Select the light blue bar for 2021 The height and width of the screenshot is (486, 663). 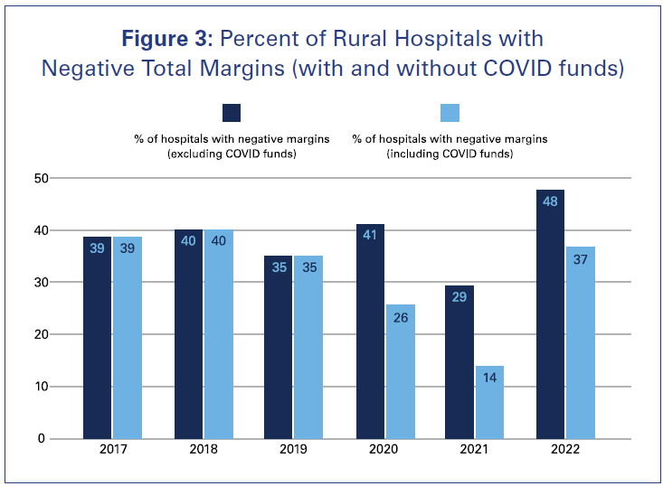click(489, 402)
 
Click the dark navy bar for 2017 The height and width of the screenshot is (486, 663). click(97, 338)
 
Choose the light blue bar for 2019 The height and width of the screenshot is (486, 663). click(308, 347)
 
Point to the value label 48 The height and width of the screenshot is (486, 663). click(550, 202)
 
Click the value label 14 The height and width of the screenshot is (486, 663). click(489, 378)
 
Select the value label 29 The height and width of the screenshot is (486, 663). click(459, 296)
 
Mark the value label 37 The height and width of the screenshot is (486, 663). click(580, 259)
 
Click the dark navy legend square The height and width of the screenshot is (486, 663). click(232, 113)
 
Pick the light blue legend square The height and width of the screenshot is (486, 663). click(450, 113)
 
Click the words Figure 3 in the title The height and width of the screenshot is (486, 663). click(166, 39)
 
